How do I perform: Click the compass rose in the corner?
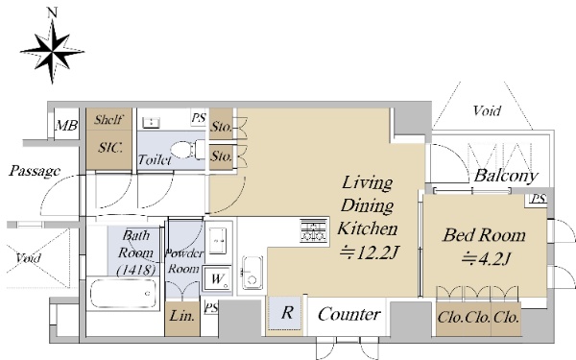(52, 51)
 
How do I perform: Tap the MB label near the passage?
(66, 126)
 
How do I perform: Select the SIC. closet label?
(109, 148)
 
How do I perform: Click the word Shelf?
(108, 119)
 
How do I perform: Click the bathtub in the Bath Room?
(123, 293)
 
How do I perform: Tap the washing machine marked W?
(217, 278)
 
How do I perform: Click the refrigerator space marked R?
(286, 313)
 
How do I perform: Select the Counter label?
(349, 315)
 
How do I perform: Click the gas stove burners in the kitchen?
(313, 230)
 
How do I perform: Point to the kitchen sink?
(252, 273)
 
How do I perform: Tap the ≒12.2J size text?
(369, 252)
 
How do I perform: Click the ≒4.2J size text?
(486, 259)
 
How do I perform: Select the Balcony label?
(506, 176)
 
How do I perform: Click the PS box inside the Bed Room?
(539, 199)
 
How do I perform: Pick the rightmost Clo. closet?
(506, 318)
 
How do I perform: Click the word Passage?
(35, 171)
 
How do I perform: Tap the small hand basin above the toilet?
(151, 122)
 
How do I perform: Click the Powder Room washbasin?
(217, 241)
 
